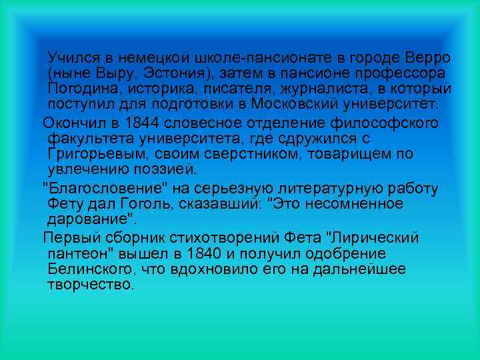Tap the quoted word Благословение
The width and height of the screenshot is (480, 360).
click(102, 187)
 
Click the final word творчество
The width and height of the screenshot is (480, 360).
click(91, 285)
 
